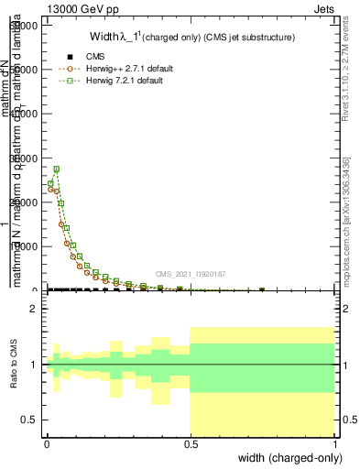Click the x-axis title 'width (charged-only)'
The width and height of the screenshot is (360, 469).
(287, 457)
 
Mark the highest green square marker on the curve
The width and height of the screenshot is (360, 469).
(56, 169)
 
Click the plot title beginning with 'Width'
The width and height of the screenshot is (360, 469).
(191, 38)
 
